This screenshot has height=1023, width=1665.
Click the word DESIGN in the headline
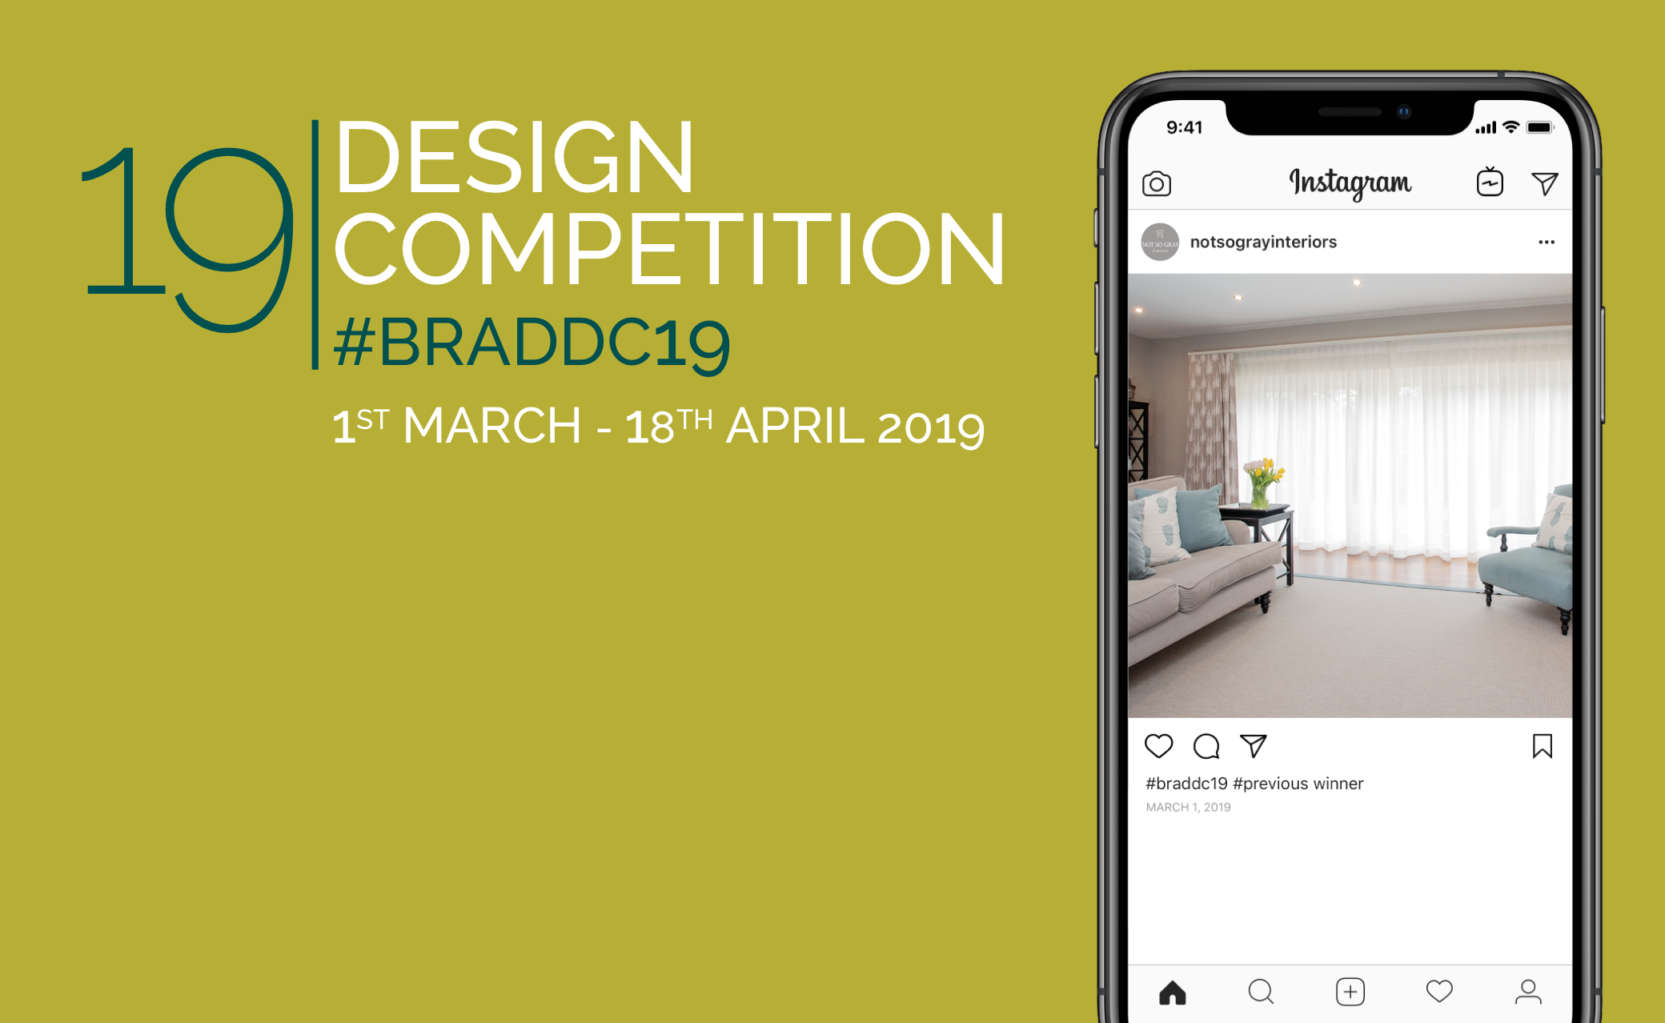515,157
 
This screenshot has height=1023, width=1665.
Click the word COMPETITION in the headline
669,249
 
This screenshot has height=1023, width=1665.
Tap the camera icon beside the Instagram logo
1157,184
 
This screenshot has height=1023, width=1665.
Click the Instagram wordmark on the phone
1350,183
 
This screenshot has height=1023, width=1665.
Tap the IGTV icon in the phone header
1490,182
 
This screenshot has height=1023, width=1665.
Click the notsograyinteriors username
1263,242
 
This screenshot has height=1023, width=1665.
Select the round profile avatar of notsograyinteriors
1160,242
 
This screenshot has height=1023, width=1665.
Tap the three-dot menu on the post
1547,242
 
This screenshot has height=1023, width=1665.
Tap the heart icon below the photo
1158,746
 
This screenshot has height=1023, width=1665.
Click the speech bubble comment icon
1206,746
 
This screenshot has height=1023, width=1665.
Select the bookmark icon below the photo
1543,746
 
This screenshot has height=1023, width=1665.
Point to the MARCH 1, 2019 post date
1188,807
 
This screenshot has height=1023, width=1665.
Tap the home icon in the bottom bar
1173,993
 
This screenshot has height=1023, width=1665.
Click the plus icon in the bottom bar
1350,992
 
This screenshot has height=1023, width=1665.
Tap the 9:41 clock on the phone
1184,127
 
